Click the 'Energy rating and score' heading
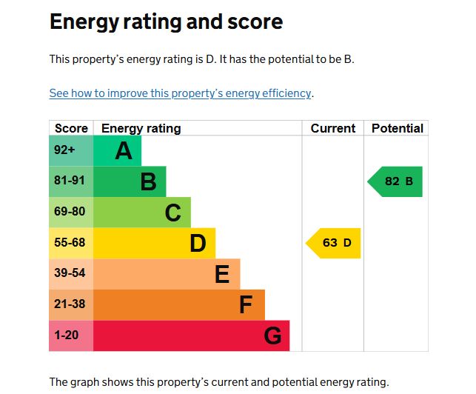tap(166, 21)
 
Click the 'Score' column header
tap(71, 128)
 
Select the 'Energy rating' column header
tap(141, 128)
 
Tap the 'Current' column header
tap(332, 128)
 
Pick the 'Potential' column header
tap(397, 128)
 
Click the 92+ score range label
tap(64, 150)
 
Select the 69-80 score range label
tap(69, 212)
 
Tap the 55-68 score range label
tap(69, 243)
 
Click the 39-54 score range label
tap(69, 273)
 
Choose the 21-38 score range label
tap(69, 304)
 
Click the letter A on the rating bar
tap(124, 151)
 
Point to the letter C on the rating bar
tap(172, 213)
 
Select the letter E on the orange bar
tap(222, 275)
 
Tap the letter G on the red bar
tap(272, 336)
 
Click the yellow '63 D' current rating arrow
tap(335, 243)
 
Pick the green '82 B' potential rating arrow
tap(397, 181)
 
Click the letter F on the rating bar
tap(246, 305)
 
